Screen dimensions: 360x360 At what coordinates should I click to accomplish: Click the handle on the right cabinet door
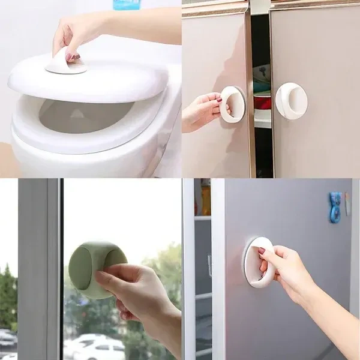[x=292, y=100]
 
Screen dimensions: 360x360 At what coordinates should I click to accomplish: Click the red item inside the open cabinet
[x=262, y=101]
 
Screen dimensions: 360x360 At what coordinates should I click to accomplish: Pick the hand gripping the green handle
[x=138, y=297]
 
